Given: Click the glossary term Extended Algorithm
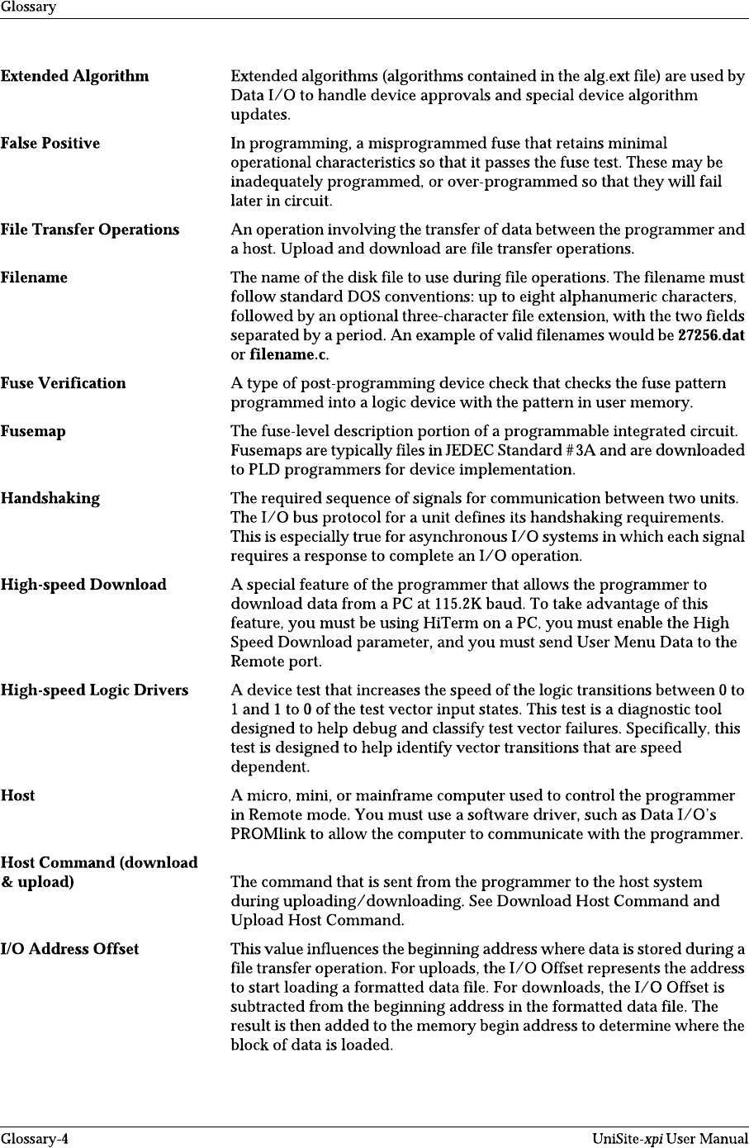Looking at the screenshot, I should point(75,76).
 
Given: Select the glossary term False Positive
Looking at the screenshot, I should point(50,143).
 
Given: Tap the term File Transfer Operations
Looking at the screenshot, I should point(90,230).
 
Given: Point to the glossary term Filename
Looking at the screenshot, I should point(34,278).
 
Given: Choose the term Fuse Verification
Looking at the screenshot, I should point(64,383).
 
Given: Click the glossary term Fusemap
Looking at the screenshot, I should point(33,431).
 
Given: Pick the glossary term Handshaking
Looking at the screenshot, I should point(50,498).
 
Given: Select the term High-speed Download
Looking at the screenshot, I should point(83,585).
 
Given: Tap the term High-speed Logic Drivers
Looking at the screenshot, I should point(94,690).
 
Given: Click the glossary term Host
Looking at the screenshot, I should point(18,796).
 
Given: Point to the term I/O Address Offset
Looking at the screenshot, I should point(69,949).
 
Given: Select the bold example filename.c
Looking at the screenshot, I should point(288,355).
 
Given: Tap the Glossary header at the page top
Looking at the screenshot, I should point(28,7).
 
